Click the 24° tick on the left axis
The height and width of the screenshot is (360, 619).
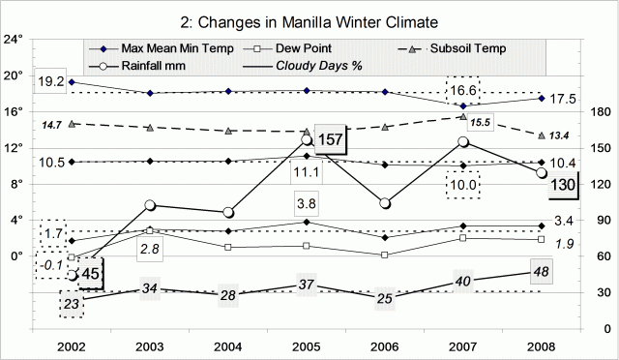(13, 40)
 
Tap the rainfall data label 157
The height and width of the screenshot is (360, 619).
(332, 138)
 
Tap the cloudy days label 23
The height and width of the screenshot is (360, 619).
(72, 303)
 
